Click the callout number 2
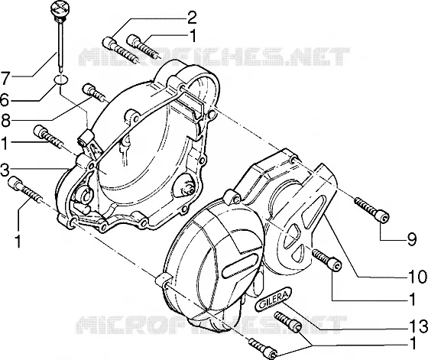tap(191, 18)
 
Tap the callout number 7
tap(5, 78)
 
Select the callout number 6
tap(5, 100)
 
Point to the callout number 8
tap(5, 120)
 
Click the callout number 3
tap(5, 170)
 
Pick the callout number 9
tap(412, 239)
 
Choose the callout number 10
tap(417, 277)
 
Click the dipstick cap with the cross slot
tap(60, 8)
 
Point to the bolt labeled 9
tap(371, 210)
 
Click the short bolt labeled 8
tap(93, 92)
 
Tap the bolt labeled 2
tap(120, 50)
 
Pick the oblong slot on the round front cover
tap(240, 266)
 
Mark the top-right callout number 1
tap(193, 36)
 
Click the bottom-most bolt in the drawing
tap(263, 348)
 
